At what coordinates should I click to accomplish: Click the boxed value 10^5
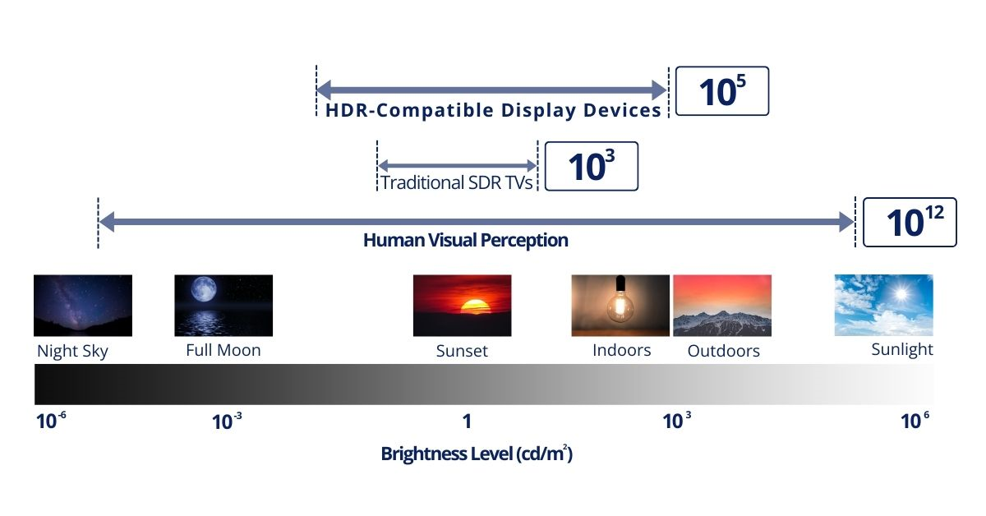coord(722,91)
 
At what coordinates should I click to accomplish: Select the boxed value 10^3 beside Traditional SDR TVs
coord(591,166)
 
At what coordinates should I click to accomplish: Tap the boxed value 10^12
coord(910,222)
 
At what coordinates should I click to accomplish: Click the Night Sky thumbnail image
coord(83,306)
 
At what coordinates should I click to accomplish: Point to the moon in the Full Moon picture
coord(204,289)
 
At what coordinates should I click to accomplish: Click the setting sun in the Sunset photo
coord(475,306)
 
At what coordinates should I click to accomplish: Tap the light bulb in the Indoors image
coord(620,300)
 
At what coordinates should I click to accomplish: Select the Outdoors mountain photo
coord(722,306)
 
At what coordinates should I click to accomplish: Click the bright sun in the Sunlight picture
coord(901,293)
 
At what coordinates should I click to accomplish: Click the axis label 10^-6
coord(51,421)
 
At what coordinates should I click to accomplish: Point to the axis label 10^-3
coord(227,422)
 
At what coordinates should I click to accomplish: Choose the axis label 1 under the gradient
coord(467,422)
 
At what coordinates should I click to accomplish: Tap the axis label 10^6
coord(915,421)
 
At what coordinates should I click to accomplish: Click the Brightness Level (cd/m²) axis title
coord(477,454)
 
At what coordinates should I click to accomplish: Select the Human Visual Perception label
coord(466,241)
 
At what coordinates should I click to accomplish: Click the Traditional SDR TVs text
coord(457,182)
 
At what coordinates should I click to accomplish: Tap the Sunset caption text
coord(462,351)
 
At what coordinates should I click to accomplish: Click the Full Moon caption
coord(223,351)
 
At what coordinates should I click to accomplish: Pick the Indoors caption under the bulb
coord(621,351)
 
